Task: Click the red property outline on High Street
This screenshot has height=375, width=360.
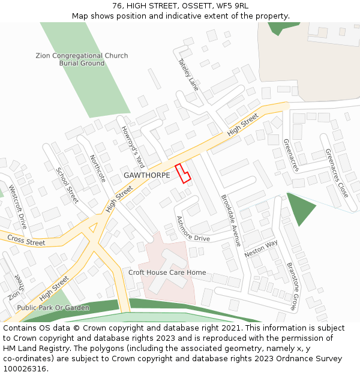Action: pos(182,173)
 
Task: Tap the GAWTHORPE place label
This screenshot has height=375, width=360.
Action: pos(147,175)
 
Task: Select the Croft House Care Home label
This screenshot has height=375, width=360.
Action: pos(167,272)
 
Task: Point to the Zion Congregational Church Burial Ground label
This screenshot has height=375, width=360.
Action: pos(82,59)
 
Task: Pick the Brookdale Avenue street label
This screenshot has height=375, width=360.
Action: pos(230,220)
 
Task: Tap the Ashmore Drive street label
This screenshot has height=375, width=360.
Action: pos(193,229)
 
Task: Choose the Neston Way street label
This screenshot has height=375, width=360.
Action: pos(261,248)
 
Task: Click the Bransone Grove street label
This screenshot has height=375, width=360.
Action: pos(291,286)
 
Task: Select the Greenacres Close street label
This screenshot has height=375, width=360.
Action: pos(337,173)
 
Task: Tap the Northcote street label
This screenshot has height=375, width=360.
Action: pos(97,169)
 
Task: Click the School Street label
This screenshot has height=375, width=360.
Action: pos(67,185)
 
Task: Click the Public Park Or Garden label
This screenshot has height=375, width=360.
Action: pos(53,308)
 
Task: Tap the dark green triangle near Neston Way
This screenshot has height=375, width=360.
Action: pos(300,208)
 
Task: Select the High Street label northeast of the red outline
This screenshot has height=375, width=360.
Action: pos(242,124)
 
